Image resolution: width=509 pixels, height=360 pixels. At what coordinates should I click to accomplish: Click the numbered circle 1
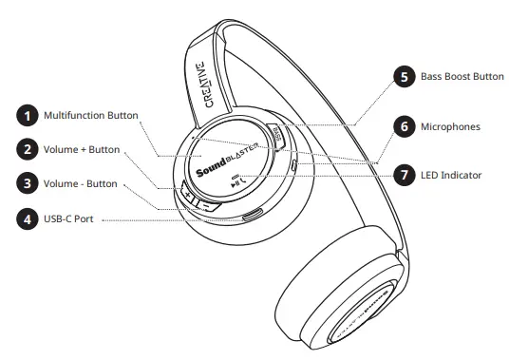pos(27,116)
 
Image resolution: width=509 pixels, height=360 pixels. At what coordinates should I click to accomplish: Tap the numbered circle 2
pos(27,149)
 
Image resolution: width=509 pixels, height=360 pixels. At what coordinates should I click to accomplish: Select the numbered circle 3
pos(27,183)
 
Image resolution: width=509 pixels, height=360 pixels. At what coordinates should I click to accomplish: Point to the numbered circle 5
pos(405,77)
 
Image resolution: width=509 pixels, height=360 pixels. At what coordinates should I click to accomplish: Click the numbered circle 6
pos(405,125)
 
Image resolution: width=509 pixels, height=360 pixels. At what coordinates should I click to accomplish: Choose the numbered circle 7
pos(405,175)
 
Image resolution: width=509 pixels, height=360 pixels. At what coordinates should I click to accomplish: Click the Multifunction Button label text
pos(90,116)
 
